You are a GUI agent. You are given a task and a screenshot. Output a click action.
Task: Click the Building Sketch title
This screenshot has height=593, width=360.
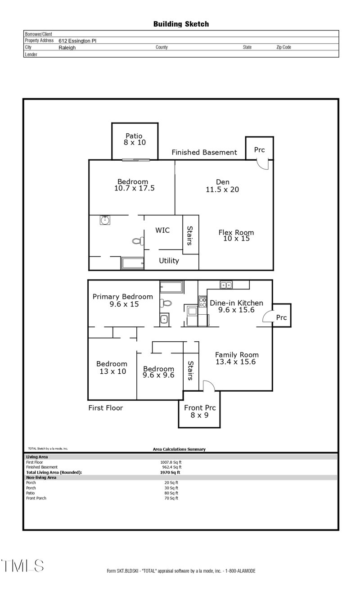pyautogui.click(x=181, y=24)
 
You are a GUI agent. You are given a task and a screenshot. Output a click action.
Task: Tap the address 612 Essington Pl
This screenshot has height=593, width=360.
pyautogui.click(x=77, y=41)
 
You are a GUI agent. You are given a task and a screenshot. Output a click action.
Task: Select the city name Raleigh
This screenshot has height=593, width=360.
pyautogui.click(x=67, y=47)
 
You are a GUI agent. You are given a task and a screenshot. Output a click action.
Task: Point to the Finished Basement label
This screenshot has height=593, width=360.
pyautogui.click(x=204, y=153)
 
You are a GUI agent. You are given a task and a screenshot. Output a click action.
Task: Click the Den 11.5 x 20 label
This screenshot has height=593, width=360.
pyautogui.click(x=222, y=186)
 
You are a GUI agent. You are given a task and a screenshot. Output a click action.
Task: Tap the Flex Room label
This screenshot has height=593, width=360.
pyautogui.click(x=236, y=235)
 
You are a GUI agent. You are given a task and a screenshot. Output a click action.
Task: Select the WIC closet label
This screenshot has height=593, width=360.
pyautogui.click(x=162, y=231)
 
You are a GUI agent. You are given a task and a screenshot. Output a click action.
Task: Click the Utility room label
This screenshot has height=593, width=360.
pyautogui.click(x=169, y=261)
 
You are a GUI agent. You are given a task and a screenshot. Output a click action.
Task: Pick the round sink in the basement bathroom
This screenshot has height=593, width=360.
pyautogui.click(x=105, y=220)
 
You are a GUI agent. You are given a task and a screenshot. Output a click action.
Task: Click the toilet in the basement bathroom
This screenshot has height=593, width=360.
pyautogui.click(x=137, y=241)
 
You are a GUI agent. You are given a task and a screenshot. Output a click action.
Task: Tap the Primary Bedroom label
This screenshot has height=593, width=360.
pyautogui.click(x=123, y=300)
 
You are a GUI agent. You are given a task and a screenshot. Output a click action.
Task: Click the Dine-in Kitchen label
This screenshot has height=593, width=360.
pyautogui.click(x=236, y=306)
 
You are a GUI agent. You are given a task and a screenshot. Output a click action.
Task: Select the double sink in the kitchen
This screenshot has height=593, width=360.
pyautogui.click(x=225, y=285)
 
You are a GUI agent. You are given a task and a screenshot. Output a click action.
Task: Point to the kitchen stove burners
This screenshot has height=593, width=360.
pyautogui.click(x=202, y=301)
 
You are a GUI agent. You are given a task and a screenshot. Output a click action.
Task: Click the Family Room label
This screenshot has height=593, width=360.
pyautogui.click(x=236, y=358)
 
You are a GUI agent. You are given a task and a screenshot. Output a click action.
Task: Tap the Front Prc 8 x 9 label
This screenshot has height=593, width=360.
pyautogui.click(x=200, y=412)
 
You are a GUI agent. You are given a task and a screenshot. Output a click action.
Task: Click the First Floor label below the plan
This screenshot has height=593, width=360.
pyautogui.click(x=105, y=408)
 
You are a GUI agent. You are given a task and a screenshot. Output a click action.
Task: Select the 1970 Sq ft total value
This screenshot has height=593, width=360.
pyautogui.click(x=170, y=472)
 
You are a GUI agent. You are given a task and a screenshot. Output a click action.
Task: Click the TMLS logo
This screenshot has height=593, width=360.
pyautogui.click(x=22, y=566)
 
